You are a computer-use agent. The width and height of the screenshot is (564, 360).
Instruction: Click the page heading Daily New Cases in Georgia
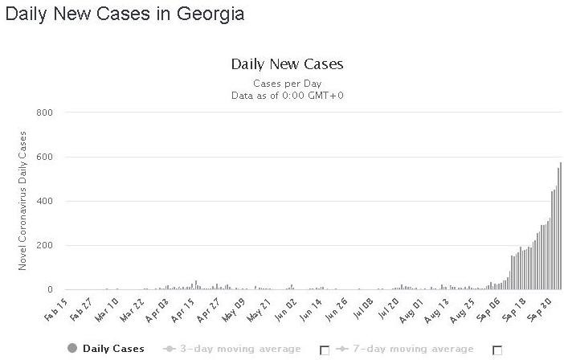point(125,14)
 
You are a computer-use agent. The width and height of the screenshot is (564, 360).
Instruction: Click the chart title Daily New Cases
point(287,63)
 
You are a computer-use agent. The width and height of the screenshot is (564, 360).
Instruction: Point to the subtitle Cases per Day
point(287,83)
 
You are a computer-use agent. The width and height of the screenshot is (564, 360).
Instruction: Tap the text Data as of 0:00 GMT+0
point(287,96)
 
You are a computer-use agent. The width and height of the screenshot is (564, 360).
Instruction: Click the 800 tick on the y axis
point(44,112)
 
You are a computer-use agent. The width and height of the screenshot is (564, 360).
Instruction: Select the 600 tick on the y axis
point(44,157)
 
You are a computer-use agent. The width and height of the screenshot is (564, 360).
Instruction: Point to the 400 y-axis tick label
point(44,201)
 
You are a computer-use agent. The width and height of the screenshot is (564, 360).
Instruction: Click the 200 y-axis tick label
point(44,245)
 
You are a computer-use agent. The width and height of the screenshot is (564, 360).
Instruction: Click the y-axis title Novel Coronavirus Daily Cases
point(23,201)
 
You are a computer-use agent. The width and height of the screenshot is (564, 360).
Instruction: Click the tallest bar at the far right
point(560,225)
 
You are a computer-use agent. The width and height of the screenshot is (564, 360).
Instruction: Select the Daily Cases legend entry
point(107,349)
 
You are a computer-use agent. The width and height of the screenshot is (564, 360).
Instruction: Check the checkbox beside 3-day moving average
point(325,350)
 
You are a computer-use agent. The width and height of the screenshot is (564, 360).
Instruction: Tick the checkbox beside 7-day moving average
point(497,350)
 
